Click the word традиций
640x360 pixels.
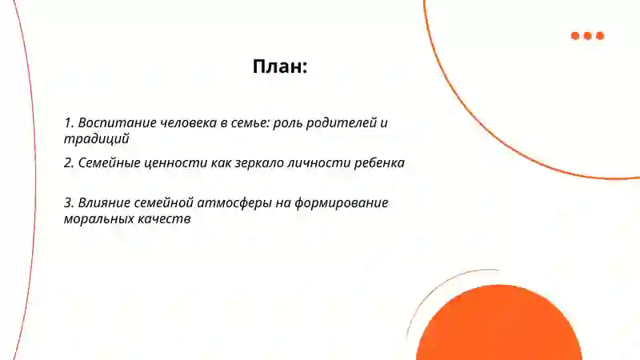pyautogui.click(x=97, y=138)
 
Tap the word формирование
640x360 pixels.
pyautogui.click(x=342, y=202)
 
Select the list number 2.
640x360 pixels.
pyautogui.click(x=68, y=162)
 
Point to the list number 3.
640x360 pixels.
pyautogui.click(x=68, y=202)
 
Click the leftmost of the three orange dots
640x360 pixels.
pyautogui.click(x=575, y=35)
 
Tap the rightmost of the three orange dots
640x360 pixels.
pyautogui.click(x=600, y=35)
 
